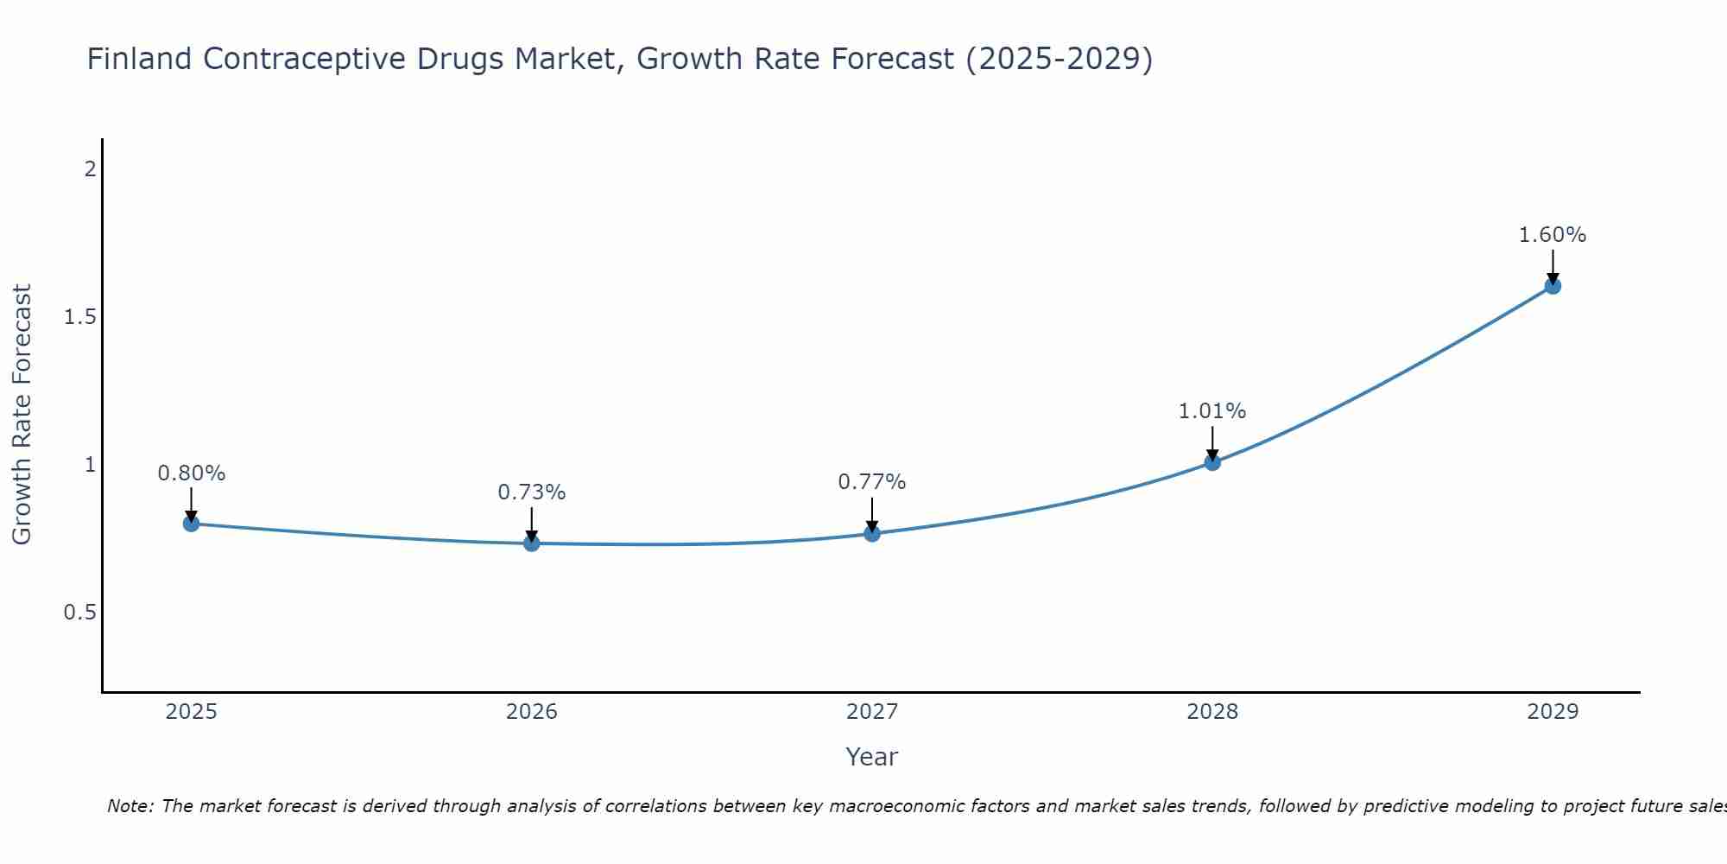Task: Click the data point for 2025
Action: click(x=191, y=524)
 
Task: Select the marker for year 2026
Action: click(x=532, y=543)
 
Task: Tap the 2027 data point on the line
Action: click(x=872, y=534)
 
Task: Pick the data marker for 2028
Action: click(x=1212, y=462)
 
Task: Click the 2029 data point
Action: click(x=1553, y=286)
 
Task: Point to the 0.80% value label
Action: click(x=191, y=473)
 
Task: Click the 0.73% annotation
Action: click(x=532, y=492)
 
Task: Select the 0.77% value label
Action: click(x=872, y=482)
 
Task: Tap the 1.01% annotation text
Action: click(x=1212, y=411)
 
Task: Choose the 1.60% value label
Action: click(x=1553, y=235)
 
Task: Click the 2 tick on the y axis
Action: click(x=90, y=169)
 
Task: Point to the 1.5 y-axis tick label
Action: click(x=80, y=317)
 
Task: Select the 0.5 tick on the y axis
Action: click(x=80, y=613)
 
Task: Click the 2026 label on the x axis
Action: click(x=532, y=712)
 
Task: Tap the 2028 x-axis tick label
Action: click(x=1212, y=712)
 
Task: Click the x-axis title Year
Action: click(x=872, y=757)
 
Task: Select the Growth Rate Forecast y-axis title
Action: click(x=22, y=415)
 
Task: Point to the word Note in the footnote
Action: click(x=129, y=806)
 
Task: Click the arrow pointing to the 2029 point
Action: click(x=1553, y=266)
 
